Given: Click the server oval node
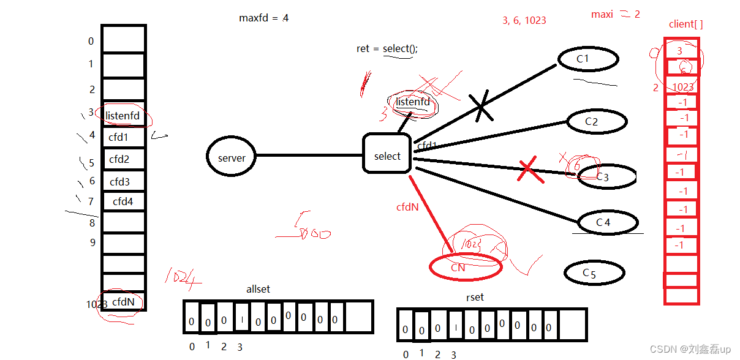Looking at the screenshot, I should point(232,157).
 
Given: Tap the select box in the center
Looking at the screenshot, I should point(387,156).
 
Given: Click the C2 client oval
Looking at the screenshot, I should point(596,121).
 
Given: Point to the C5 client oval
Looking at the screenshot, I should point(594,273).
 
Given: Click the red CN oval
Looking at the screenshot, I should point(466,267).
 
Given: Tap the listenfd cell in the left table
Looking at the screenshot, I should point(123,115).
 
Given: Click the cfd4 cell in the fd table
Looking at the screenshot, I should point(123,201).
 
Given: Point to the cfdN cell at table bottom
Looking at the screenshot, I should point(123,301).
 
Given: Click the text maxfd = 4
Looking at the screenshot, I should point(263,18).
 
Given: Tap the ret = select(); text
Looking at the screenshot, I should point(387,48).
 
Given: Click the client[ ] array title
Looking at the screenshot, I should point(685,24).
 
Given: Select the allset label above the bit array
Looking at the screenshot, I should point(258,289).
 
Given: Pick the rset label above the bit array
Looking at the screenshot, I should point(475,297).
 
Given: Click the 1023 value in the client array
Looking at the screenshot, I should point(682,87).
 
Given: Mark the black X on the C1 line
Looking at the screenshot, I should point(481,105).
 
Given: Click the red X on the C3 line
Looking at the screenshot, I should point(530,171).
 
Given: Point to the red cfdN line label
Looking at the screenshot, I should point(407,207).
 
